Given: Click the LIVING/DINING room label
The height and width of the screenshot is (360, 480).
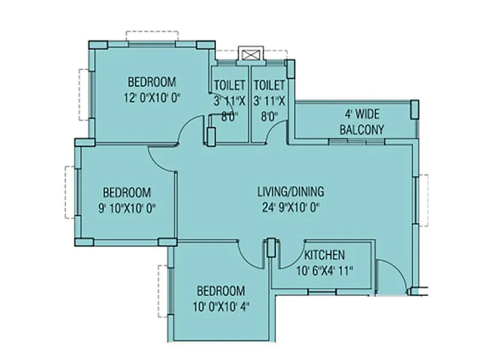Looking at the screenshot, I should click(290, 192).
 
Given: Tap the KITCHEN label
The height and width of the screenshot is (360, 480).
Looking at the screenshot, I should click(324, 254).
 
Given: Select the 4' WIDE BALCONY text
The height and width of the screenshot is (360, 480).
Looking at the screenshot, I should click(362, 122).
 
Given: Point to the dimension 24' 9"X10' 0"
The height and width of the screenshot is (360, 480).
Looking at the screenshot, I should click(290, 209).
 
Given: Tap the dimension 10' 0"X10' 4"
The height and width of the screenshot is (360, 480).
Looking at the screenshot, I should click(221, 306).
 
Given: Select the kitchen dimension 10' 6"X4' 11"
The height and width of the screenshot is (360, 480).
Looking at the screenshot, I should click(325, 270).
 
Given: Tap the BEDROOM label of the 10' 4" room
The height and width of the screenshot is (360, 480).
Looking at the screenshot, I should click(221, 291).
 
